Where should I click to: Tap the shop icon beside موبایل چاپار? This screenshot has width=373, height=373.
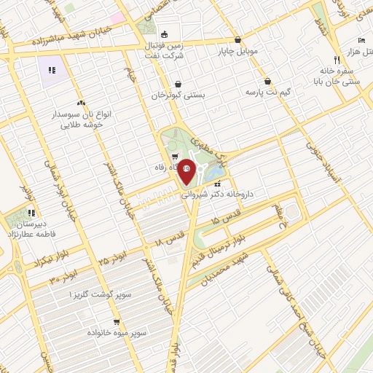(x=237, y=41)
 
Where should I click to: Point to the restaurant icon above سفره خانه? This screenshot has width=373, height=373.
(x=336, y=60)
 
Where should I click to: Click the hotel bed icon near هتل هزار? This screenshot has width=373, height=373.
(x=361, y=42)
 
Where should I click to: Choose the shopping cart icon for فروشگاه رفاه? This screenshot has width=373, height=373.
(x=174, y=157)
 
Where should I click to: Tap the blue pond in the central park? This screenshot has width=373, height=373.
(x=213, y=173)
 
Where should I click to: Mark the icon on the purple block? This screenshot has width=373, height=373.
(x=52, y=70)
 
